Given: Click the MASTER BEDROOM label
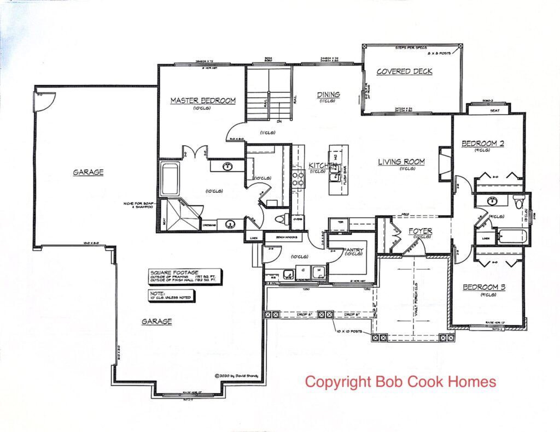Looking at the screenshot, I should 202,100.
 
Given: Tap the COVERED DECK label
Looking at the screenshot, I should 404,72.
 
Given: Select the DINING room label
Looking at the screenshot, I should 328,94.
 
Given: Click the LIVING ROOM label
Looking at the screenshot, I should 401,162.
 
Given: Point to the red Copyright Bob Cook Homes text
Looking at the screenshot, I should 400,381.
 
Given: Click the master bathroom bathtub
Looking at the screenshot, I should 170,178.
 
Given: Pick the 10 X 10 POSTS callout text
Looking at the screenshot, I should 352,331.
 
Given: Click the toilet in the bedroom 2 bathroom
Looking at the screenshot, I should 518,202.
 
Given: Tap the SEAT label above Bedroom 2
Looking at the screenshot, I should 495,110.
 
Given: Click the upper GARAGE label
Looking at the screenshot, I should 88,172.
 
